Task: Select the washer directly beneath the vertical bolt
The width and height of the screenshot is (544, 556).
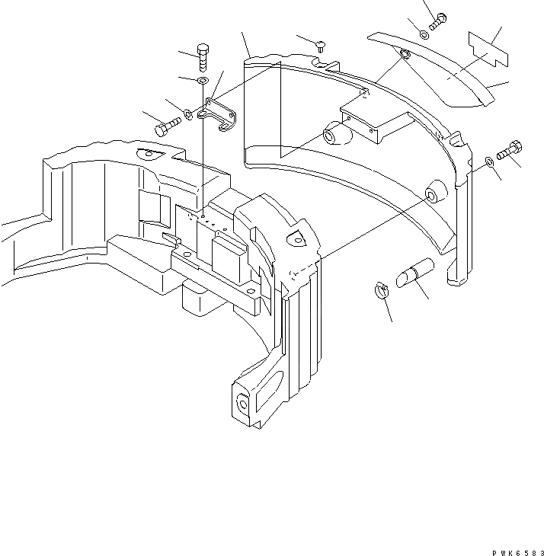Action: (203, 81)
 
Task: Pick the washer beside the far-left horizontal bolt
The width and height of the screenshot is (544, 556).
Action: (187, 116)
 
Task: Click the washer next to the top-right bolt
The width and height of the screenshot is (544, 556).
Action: (424, 34)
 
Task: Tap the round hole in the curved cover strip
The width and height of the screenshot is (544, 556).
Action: (404, 54)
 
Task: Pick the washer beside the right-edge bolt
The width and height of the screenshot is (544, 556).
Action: (489, 161)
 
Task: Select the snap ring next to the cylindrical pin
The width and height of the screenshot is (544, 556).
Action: (382, 289)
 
